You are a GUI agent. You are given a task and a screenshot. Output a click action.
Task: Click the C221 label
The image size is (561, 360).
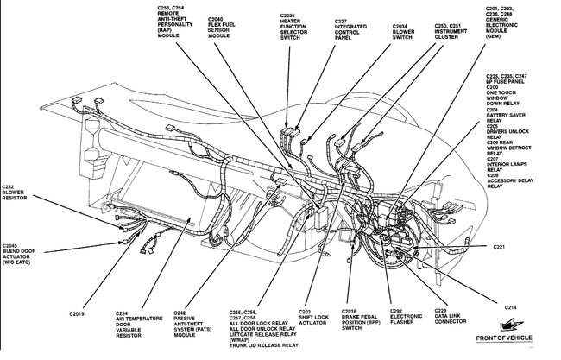click(503, 246)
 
